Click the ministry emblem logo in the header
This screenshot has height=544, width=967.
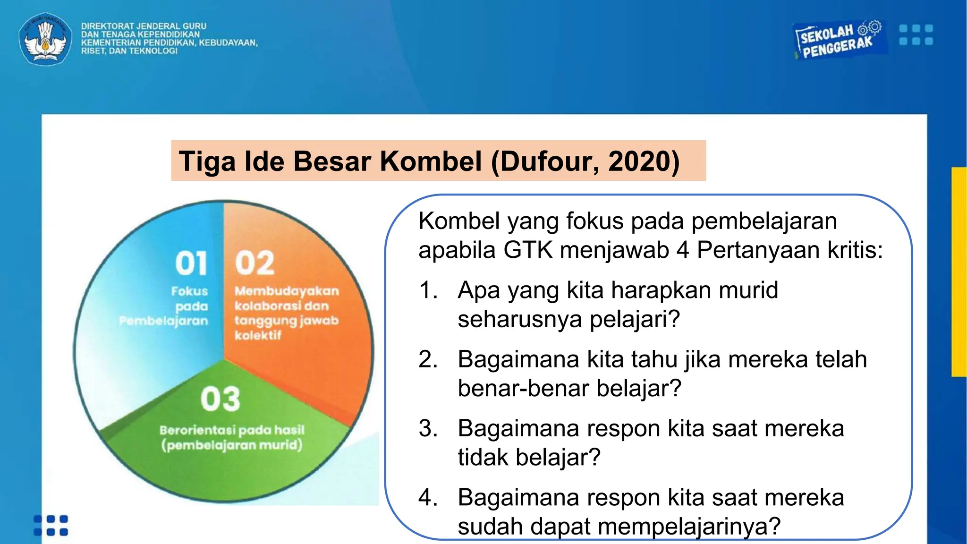coord(45,39)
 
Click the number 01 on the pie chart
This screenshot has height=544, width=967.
coord(191,263)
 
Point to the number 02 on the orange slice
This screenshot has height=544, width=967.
coord(255,263)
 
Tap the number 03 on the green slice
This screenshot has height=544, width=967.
coord(221,399)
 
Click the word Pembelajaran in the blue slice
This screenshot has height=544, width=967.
coord(164,321)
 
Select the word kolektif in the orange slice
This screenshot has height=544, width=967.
coord(258,335)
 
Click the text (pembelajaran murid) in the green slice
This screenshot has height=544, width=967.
coord(232,445)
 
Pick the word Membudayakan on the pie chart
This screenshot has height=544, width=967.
coord(287,291)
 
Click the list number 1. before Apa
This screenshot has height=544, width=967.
coord(428,290)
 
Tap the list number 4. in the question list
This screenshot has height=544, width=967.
coord(428,498)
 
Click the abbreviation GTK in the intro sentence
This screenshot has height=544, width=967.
coord(528,250)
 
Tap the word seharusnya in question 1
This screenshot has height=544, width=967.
coord(520,319)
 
